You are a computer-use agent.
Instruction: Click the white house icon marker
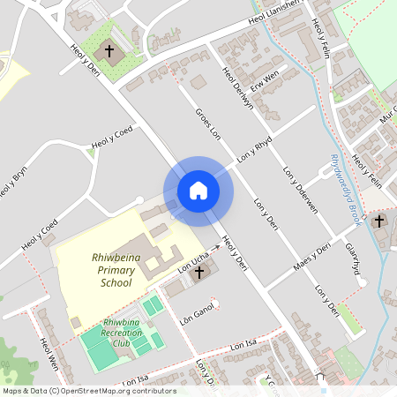pyautogui.click(x=198, y=191)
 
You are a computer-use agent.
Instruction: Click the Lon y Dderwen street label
pyautogui.click(x=300, y=186)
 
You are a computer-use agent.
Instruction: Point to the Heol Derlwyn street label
pyautogui.click(x=237, y=89)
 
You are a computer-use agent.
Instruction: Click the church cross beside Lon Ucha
pyautogui.click(x=199, y=274)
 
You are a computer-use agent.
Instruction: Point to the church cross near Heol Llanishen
pyautogui.click(x=110, y=51)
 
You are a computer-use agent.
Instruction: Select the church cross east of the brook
pyautogui.click(x=379, y=221)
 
